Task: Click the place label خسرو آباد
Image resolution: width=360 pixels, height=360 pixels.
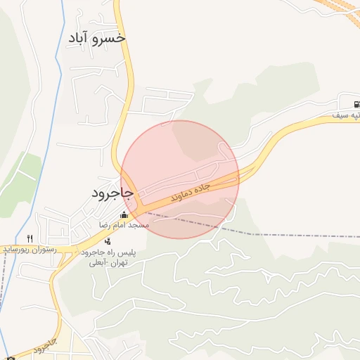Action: [x=97, y=37]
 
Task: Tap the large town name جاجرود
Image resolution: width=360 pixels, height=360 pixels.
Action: [x=112, y=191]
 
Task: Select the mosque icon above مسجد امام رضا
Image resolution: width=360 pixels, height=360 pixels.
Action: [x=124, y=215]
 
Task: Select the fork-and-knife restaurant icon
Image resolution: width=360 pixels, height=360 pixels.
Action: [x=30, y=238]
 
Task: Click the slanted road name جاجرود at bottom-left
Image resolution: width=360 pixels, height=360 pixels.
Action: [x=44, y=345]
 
